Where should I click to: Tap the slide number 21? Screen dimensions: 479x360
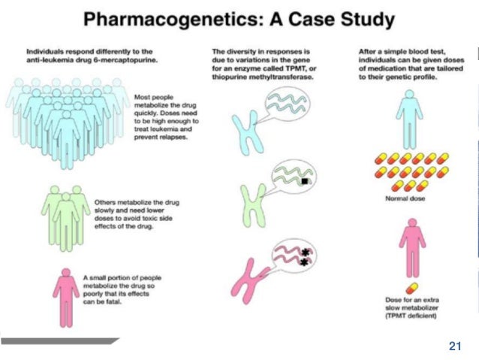(453, 346)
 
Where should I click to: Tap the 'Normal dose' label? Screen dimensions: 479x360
(407, 199)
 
